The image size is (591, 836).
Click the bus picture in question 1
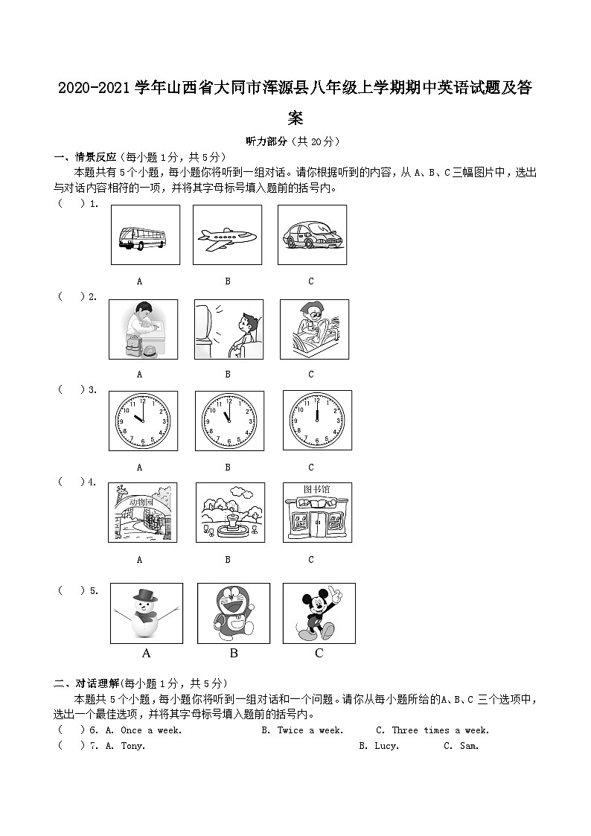click(x=145, y=235)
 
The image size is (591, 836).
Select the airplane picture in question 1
click(x=227, y=235)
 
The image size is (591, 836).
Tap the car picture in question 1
click(x=312, y=235)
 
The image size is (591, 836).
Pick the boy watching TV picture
click(x=229, y=330)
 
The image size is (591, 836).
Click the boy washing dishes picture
click(x=314, y=330)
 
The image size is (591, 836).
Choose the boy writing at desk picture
click(x=143, y=330)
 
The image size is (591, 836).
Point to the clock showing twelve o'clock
click(x=317, y=421)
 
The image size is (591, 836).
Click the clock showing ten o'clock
click(x=143, y=421)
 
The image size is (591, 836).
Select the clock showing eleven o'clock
click(x=229, y=421)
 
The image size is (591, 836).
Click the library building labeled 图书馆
click(x=317, y=512)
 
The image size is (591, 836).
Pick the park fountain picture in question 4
click(x=230, y=512)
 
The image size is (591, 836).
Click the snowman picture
click(x=146, y=613)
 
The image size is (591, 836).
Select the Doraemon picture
click(x=233, y=613)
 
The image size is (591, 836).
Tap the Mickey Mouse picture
click(x=319, y=613)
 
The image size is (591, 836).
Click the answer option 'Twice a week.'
click(x=302, y=730)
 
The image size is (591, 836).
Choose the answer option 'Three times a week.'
click(x=432, y=730)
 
